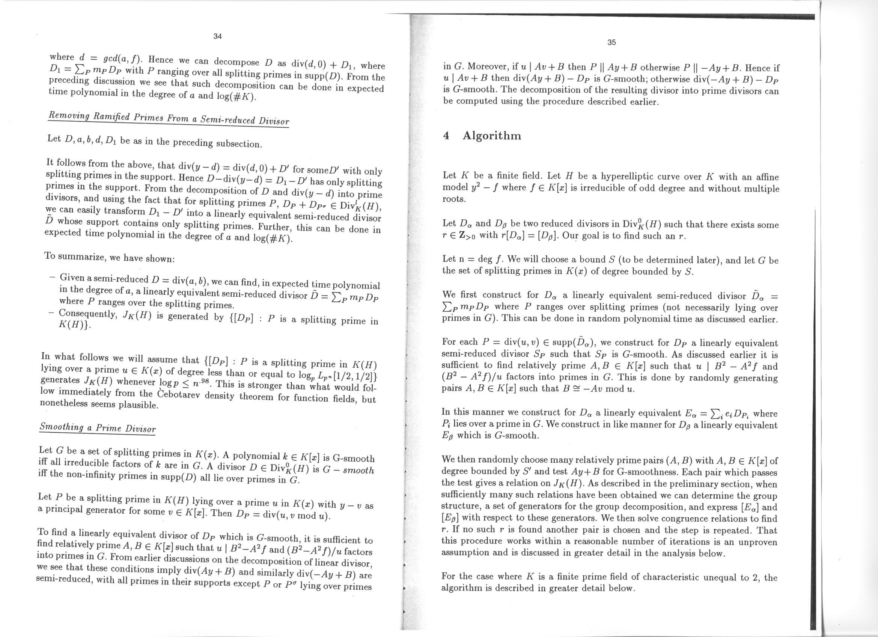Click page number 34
coord(218,36)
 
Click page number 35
coord(611,42)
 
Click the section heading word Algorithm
coord(492,136)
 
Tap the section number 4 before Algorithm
coord(446,136)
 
